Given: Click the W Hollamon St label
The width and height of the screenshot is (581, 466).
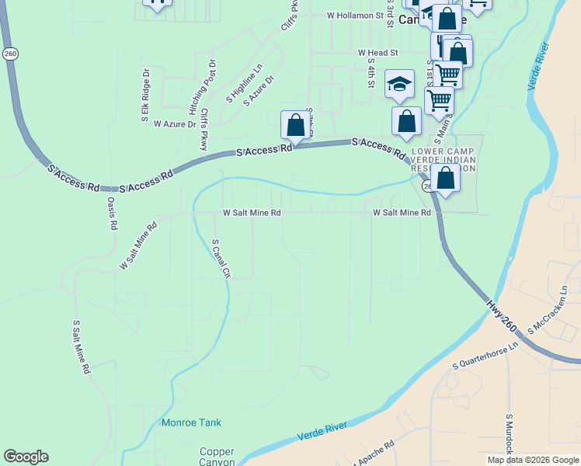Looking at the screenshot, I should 356,15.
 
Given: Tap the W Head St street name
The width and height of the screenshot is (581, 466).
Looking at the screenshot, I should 377,53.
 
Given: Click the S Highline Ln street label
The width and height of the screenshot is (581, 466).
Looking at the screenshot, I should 245,83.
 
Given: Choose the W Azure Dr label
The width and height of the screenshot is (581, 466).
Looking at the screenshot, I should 175,123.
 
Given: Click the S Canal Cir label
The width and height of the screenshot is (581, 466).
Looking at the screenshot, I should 221,259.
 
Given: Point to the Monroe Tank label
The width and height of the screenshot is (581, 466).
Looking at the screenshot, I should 191,423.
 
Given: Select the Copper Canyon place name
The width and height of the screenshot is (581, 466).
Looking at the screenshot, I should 217,457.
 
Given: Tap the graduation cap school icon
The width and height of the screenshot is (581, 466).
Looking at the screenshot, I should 400,85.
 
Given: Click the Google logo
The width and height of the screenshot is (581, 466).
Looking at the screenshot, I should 26,457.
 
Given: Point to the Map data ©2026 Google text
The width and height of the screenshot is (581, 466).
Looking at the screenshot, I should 532,460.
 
